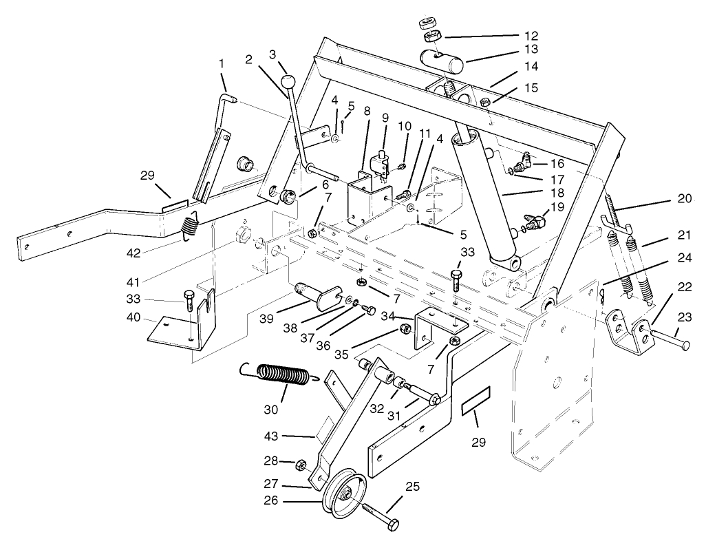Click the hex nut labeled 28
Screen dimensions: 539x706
pyautogui.click(x=301, y=466)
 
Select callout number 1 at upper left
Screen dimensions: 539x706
pyautogui.click(x=222, y=63)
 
